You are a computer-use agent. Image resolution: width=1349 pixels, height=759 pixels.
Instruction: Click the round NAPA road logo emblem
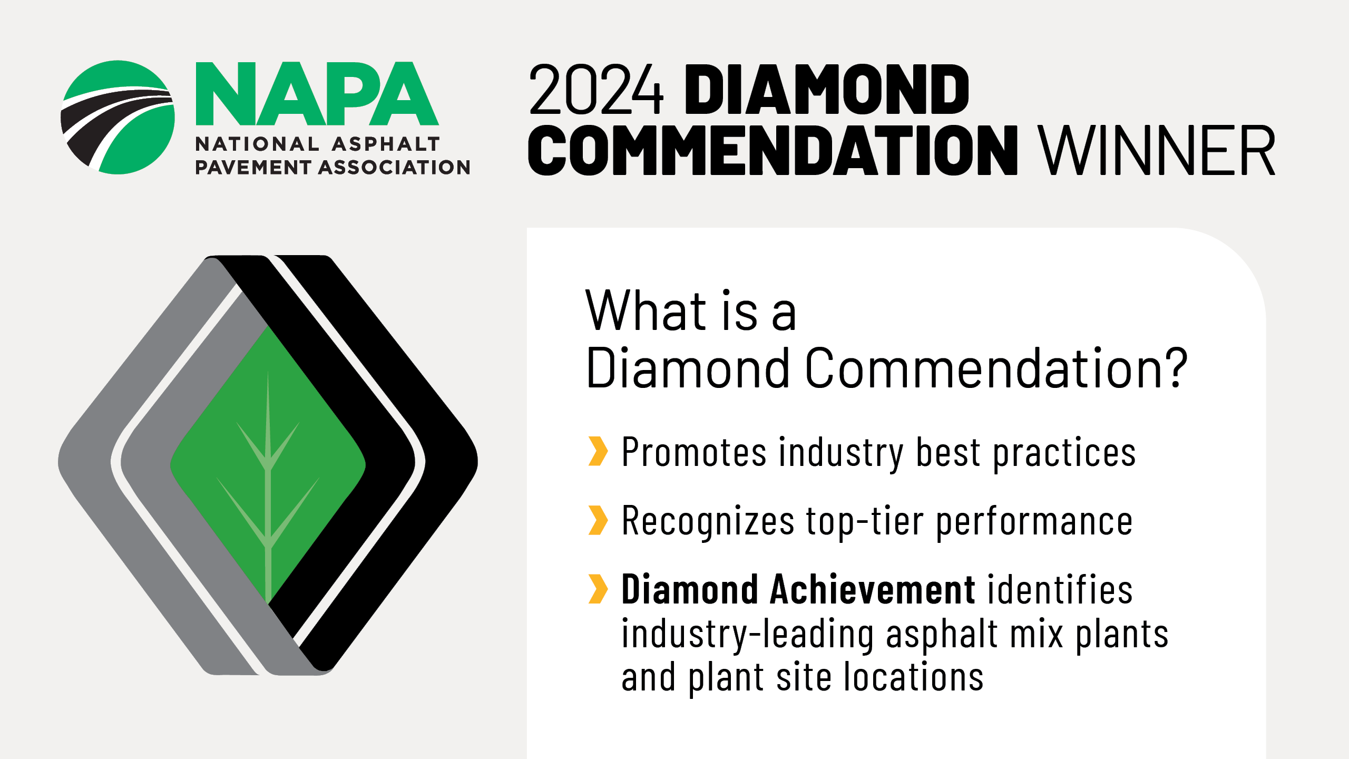[118, 118]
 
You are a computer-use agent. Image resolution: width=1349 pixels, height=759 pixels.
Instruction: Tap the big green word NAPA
[317, 94]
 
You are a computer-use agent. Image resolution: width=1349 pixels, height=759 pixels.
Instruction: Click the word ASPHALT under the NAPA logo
[386, 144]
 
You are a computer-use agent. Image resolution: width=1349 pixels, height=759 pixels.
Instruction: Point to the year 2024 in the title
[596, 90]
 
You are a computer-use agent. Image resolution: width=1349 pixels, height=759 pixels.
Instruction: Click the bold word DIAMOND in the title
[827, 90]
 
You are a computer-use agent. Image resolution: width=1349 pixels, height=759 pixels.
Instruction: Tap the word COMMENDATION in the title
[773, 150]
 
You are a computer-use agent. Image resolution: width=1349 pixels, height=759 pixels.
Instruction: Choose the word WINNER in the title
[1157, 150]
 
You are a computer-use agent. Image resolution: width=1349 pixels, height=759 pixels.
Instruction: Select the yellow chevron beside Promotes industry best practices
[598, 451]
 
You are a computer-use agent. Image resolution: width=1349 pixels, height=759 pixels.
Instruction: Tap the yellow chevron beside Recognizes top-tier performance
[598, 520]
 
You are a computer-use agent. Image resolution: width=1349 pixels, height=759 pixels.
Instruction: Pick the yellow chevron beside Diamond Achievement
[598, 589]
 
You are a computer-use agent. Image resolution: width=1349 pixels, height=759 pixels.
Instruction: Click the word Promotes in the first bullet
[695, 452]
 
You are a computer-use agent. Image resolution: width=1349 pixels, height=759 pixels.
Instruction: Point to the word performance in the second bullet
[1034, 522]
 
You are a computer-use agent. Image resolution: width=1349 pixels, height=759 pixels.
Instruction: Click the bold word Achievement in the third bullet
[873, 589]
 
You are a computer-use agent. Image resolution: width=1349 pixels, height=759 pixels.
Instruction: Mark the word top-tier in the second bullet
[865, 522]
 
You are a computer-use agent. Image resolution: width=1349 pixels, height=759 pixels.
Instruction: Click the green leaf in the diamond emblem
[268, 464]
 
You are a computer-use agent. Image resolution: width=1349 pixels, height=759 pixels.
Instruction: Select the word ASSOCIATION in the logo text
[395, 168]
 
